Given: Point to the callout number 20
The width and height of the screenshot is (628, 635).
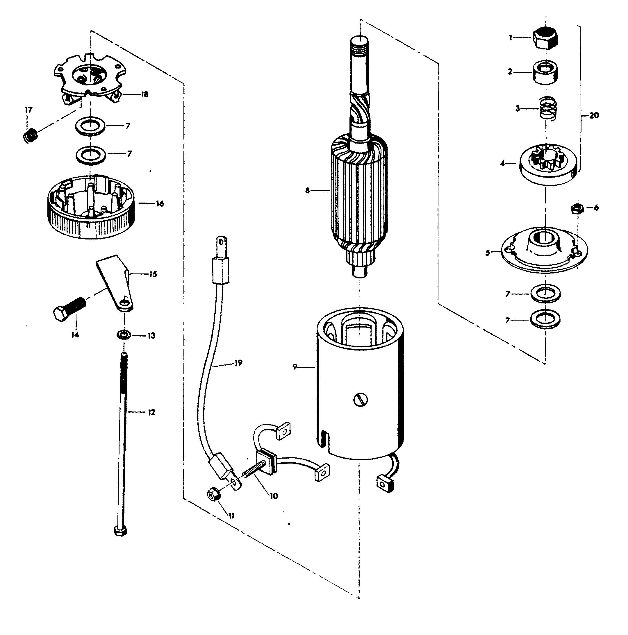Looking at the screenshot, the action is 594,115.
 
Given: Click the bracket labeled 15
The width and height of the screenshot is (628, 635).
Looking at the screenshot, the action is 115,283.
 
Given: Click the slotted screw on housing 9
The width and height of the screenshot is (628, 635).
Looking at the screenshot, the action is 361,400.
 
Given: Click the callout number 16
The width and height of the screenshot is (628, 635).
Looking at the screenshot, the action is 160,203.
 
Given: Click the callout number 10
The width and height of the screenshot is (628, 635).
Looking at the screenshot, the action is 274,495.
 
